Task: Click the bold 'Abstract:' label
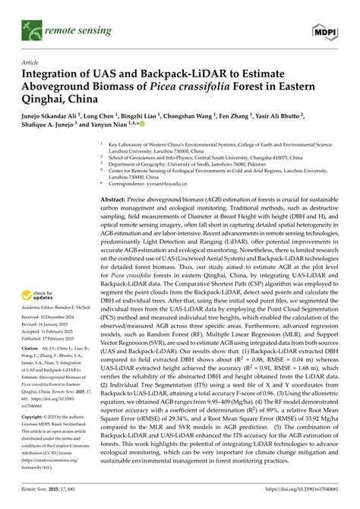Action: click(x=125, y=197)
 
